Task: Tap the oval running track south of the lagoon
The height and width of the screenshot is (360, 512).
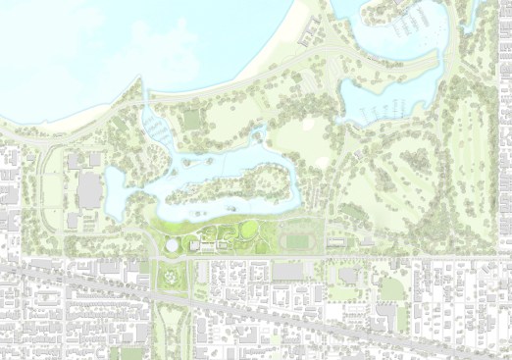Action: pos(294,238)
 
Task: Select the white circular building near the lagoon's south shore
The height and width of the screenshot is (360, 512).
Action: pos(173,244)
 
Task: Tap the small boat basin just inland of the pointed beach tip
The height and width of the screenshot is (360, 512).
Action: pos(157,126)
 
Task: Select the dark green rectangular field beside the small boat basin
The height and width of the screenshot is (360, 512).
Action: pos(191,121)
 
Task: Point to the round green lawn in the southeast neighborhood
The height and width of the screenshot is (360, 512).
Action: pos(391,289)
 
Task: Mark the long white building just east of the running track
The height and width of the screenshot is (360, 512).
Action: pos(336,241)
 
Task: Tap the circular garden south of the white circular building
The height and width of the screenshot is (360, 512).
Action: pos(175,278)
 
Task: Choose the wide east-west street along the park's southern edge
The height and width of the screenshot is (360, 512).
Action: pos(255,258)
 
